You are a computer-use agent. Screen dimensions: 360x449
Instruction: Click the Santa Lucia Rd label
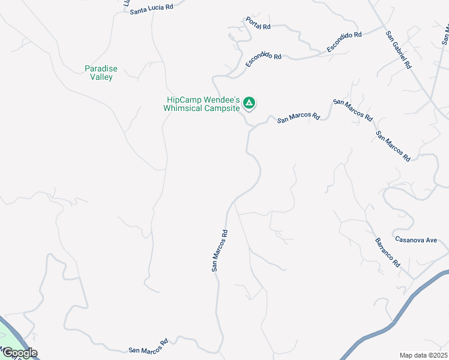pos(151,8)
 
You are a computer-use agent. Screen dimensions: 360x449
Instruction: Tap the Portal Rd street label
pos(258,23)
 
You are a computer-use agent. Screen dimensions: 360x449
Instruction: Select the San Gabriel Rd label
pos(398,50)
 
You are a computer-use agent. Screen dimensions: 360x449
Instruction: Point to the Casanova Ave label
pos(416,239)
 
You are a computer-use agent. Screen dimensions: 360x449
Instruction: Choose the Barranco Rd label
pos(387,253)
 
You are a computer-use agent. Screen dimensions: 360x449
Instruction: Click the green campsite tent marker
pos(250,103)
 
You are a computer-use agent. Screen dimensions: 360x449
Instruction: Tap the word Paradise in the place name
pos(101,69)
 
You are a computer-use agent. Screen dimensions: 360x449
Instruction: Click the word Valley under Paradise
pos(101,77)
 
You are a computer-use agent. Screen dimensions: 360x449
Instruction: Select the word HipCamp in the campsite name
pos(184,100)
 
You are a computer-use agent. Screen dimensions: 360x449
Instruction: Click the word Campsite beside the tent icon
pos(223,109)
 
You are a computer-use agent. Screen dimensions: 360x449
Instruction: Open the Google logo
pos(19,353)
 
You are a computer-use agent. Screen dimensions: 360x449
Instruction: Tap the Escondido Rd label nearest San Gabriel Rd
pos(344,43)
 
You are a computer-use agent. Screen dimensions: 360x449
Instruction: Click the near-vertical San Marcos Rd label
pos(220,251)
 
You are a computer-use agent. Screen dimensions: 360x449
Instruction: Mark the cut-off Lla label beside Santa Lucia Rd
pos(127,3)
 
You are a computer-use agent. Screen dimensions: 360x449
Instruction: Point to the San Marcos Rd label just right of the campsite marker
pos(298,118)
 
